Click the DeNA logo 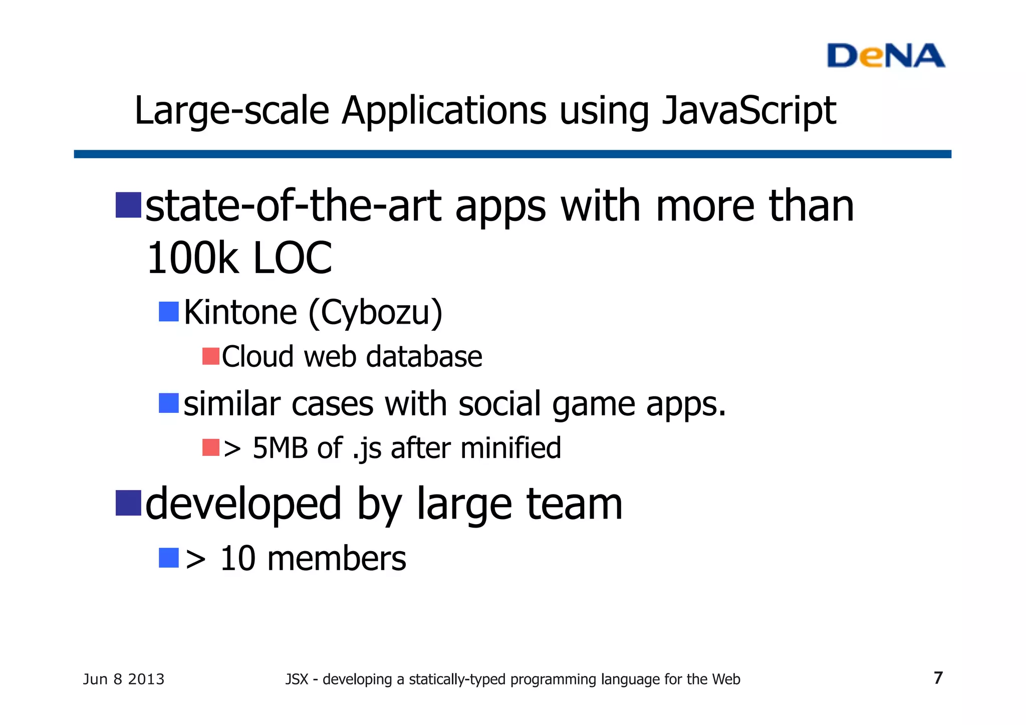tap(885, 56)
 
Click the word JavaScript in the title tap(748, 111)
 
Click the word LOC tap(293, 258)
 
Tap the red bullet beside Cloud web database tap(211, 356)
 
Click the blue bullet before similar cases tap(169, 403)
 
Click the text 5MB tap(280, 448)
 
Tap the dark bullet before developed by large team tap(128, 503)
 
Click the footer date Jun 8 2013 tap(123, 679)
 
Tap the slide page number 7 tap(938, 678)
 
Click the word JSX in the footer tap(297, 679)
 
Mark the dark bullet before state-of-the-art tap(128, 205)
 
